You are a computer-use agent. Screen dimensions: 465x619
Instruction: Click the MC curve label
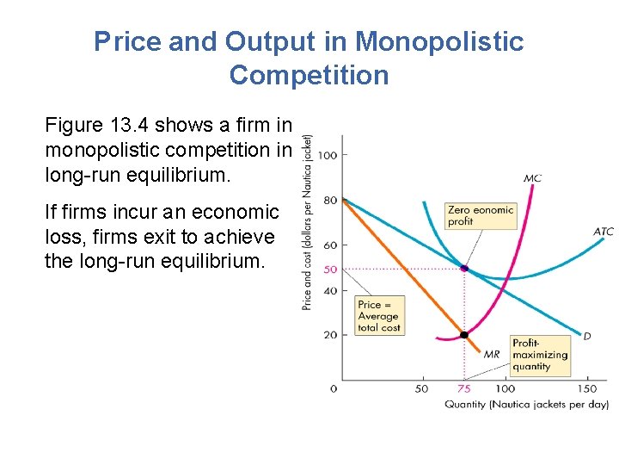click(x=532, y=179)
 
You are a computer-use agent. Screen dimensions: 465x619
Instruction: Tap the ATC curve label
click(x=603, y=232)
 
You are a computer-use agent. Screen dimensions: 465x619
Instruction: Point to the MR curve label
click(x=492, y=354)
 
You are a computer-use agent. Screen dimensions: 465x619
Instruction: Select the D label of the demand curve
click(x=587, y=336)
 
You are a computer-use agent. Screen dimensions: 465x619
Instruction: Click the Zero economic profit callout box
click(x=480, y=215)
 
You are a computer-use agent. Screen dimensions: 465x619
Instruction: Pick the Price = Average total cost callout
click(x=379, y=316)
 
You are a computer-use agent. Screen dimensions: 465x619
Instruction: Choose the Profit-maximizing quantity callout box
click(x=540, y=355)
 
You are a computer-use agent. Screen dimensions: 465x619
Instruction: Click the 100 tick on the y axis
click(x=327, y=155)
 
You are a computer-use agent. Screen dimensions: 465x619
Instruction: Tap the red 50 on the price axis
click(x=330, y=270)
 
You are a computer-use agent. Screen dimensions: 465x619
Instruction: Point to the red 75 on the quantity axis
click(x=464, y=389)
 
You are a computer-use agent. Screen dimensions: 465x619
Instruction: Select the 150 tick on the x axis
click(x=588, y=389)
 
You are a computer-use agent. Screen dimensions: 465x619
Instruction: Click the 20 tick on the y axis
click(x=329, y=335)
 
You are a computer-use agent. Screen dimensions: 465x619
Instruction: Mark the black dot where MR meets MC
click(x=464, y=335)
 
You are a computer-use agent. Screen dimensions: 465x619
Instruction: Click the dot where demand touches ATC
click(x=464, y=269)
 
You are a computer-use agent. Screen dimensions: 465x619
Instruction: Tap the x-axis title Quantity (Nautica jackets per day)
click(x=525, y=404)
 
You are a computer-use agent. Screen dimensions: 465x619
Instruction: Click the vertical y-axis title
click(x=307, y=223)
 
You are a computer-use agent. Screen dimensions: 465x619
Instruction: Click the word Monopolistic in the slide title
click(x=438, y=41)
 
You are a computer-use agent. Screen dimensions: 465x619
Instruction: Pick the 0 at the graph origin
click(x=334, y=389)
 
